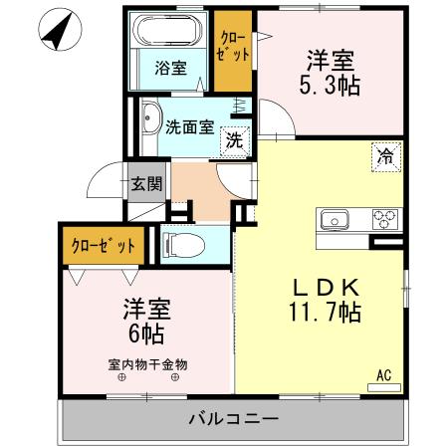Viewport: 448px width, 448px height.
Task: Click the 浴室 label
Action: pos(170,69)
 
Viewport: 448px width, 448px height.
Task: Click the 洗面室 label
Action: pos(189,126)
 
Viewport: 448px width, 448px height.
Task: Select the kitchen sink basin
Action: pos(333,218)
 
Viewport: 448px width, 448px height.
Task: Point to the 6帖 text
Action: pos(139,330)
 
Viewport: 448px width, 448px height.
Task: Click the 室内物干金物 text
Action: pos(148,363)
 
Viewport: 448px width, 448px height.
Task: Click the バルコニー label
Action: pos(233,418)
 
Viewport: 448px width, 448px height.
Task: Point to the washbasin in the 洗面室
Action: pos(150,120)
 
